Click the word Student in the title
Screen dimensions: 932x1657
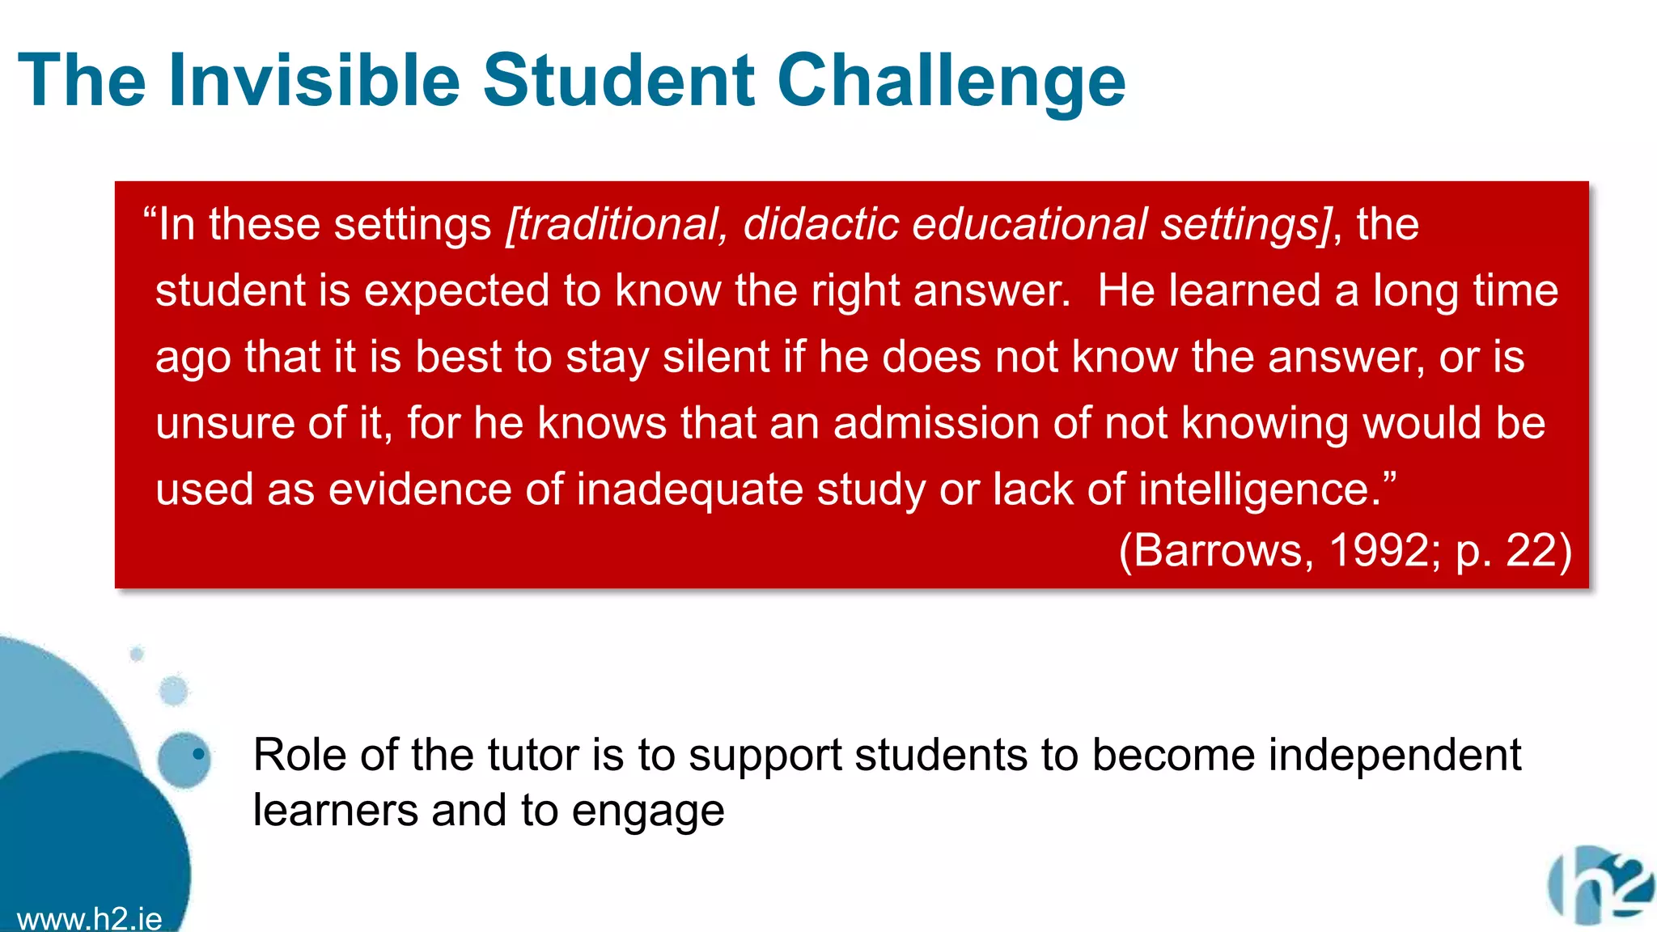pos(619,79)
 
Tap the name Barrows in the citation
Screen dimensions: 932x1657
pos(1215,550)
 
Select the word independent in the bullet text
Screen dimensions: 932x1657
pos(1394,755)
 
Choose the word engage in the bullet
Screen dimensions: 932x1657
pos(647,811)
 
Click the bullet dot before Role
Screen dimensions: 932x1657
pos(198,755)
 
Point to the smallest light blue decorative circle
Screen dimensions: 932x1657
pos(137,654)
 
